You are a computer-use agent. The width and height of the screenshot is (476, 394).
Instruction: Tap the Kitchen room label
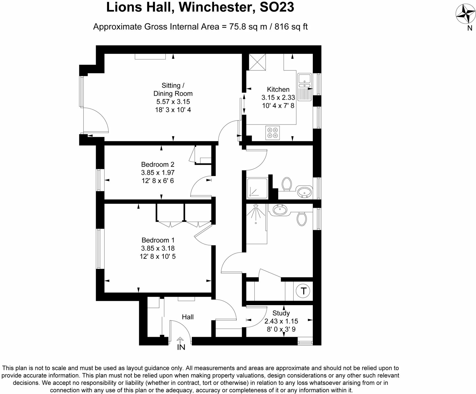pos(278,89)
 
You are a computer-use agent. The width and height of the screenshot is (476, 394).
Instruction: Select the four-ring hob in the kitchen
pos(273,132)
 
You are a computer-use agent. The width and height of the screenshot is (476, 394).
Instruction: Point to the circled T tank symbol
pos(303,291)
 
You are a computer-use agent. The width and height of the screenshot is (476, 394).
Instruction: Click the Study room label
pos(281,313)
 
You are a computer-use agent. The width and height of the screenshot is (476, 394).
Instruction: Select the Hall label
pos(188,317)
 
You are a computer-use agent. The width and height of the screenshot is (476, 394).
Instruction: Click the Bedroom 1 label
pos(158,240)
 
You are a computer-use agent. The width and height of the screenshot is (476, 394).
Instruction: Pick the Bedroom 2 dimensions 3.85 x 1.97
pos(158,173)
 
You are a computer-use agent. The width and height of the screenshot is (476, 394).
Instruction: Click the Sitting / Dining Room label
pos(173,89)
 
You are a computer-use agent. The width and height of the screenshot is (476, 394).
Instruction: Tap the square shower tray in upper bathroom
pos(257,188)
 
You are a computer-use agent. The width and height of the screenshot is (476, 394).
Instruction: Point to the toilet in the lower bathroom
pos(302,219)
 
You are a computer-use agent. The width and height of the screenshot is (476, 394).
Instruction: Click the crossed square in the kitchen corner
pos(257,62)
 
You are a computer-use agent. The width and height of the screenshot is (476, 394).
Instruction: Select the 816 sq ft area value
pos(291,27)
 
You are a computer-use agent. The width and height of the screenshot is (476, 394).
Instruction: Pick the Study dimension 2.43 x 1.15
pos(281,321)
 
